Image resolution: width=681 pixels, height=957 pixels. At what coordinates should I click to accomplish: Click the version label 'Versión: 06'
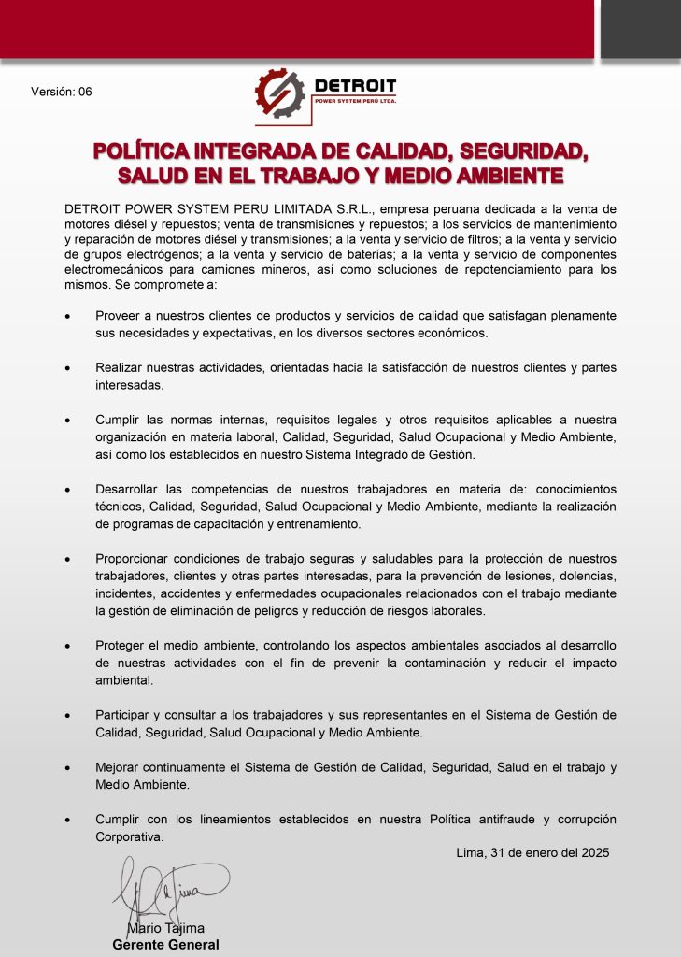(x=62, y=92)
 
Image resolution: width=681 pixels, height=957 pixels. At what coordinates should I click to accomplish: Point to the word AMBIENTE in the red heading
(x=493, y=175)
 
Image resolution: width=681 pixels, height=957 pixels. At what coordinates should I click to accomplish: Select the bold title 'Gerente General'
(x=165, y=945)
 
